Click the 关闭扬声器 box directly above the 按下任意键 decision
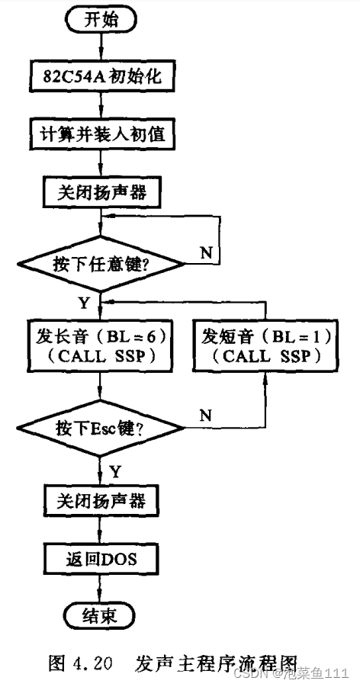point(101,194)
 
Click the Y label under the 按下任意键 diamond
point(84,303)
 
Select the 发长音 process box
point(101,344)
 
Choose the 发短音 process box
point(265,344)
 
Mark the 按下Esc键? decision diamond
point(101,428)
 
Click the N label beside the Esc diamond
point(205,416)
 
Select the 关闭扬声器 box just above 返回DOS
point(101,501)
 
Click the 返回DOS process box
point(101,559)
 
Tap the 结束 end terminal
point(101,615)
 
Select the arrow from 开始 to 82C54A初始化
point(101,48)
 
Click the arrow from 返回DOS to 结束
point(101,588)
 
